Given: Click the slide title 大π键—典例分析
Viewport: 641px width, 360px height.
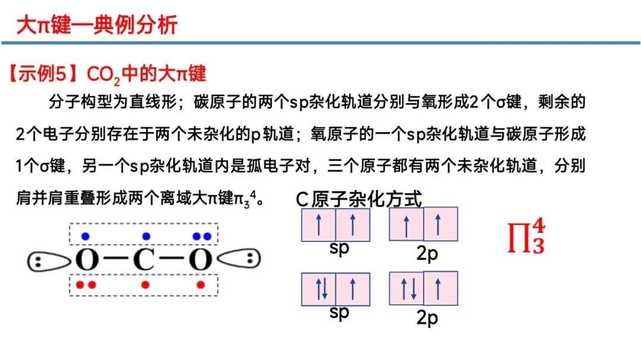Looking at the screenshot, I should [96, 26].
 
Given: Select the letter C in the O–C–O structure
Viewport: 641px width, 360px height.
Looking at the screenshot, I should [143, 260].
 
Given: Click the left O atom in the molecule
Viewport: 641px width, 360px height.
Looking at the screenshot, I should [87, 260].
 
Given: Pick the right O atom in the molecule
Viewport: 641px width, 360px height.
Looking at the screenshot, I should [201, 260].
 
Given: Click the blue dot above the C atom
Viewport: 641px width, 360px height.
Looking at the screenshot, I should [144, 236].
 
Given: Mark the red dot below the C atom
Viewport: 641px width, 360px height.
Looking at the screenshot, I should [145, 285].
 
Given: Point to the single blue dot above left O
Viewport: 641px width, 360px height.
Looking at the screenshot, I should [85, 236].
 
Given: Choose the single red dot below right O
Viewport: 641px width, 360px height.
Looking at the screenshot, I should [201, 285].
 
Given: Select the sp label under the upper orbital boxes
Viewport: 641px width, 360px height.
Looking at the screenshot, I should [339, 247].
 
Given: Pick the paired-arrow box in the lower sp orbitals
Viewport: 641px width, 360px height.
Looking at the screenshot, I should [320, 289].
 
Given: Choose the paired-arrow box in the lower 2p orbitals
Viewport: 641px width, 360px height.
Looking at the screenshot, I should [407, 288].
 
